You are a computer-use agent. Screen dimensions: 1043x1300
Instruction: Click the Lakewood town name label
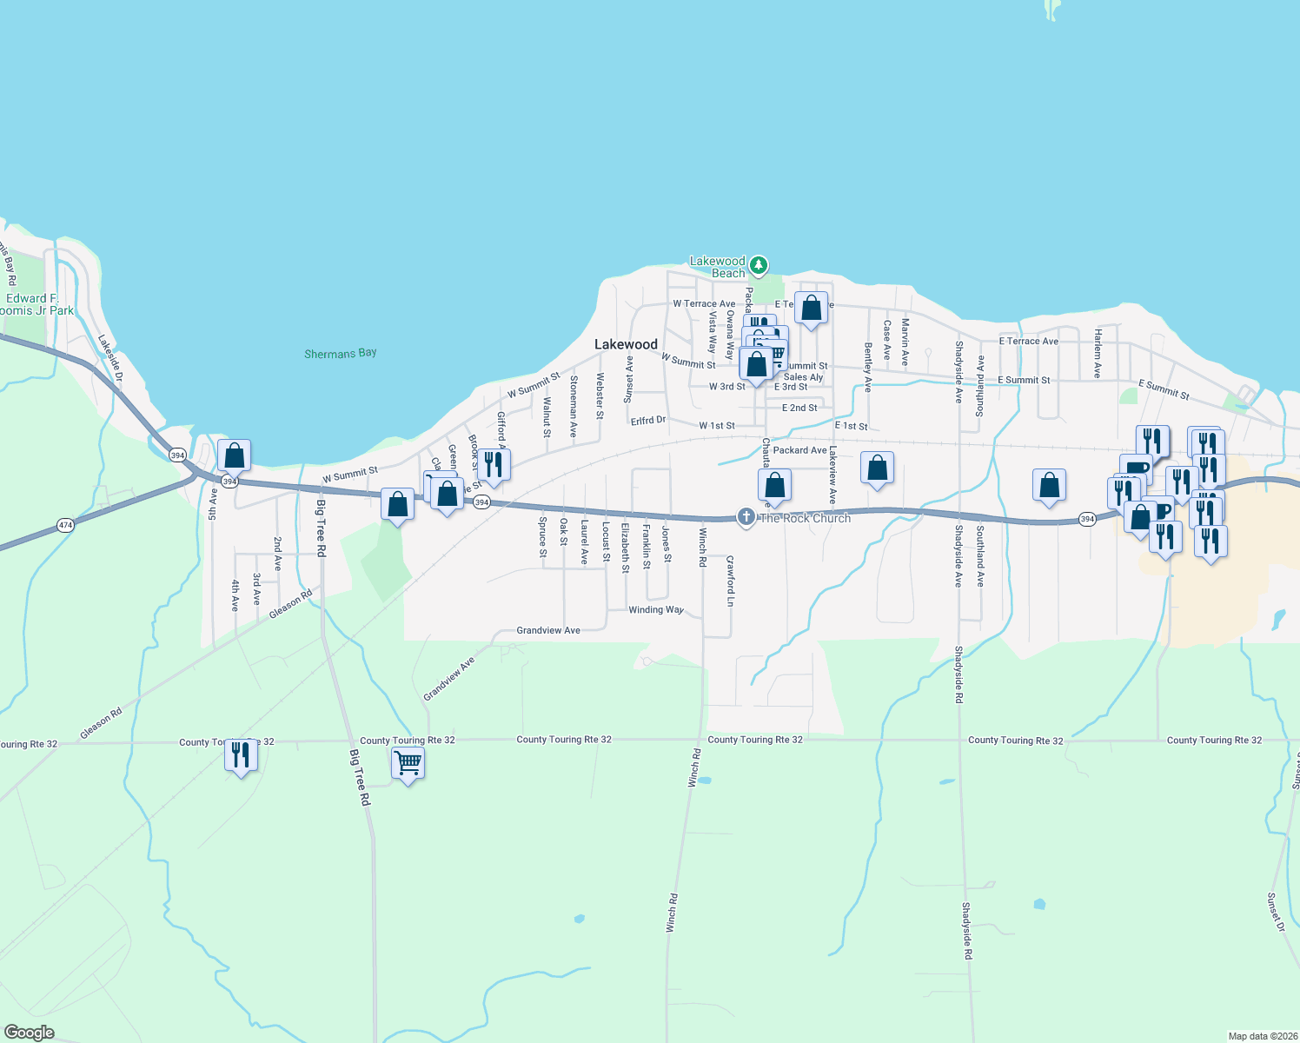click(x=626, y=345)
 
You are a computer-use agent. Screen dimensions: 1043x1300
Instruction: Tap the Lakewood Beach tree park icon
click(x=759, y=264)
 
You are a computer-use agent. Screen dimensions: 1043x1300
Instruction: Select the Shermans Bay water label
click(x=341, y=353)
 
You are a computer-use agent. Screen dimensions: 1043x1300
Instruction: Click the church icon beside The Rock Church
click(x=746, y=517)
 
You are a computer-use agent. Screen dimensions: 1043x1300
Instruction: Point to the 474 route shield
click(x=65, y=525)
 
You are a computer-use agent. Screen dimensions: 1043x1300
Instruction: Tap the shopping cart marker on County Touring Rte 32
click(x=408, y=764)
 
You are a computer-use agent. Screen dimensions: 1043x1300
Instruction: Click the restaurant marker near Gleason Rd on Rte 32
click(x=241, y=754)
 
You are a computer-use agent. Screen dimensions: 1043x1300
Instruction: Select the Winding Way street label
click(x=656, y=609)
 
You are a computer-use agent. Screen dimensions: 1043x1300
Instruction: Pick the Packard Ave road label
click(x=799, y=450)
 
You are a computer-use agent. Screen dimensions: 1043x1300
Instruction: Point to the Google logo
click(x=29, y=1032)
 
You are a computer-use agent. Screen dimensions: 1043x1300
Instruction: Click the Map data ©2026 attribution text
click(x=1261, y=1036)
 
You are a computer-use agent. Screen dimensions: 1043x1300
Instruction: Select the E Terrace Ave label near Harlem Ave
click(x=1028, y=342)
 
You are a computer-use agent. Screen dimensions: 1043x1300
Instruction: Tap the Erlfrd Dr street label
click(x=648, y=421)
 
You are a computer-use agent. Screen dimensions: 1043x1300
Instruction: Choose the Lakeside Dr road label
click(x=110, y=359)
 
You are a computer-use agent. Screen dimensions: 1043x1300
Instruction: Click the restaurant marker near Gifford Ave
click(x=494, y=464)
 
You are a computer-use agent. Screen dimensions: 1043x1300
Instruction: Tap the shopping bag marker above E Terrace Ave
click(x=811, y=308)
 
